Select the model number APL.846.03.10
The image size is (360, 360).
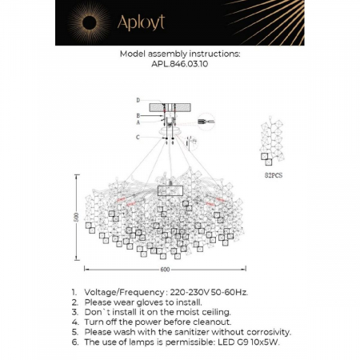pyautogui.click(x=179, y=68)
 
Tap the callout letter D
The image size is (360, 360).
pyautogui.click(x=138, y=100)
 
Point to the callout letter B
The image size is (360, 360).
pyautogui.click(x=138, y=116)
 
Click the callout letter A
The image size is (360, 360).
pyautogui.click(x=138, y=122)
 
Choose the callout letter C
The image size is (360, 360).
pyautogui.click(x=138, y=137)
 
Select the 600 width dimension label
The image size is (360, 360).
pyautogui.click(x=166, y=270)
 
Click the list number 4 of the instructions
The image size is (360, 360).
pyautogui.click(x=74, y=322)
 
